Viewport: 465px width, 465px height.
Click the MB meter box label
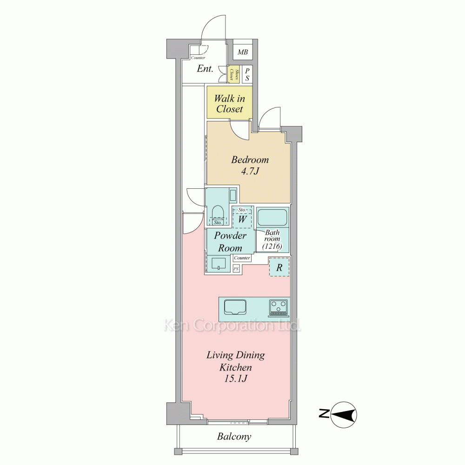[243, 52]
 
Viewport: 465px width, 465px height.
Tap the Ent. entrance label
[205, 69]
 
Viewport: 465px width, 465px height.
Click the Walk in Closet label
[230, 104]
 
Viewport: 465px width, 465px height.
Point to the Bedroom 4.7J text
[250, 166]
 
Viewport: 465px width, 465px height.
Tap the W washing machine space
[242, 219]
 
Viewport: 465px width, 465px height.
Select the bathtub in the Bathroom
[272, 217]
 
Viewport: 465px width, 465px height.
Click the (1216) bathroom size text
[272, 246]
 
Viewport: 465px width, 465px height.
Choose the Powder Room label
[230, 242]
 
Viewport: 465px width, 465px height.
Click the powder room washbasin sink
[219, 263]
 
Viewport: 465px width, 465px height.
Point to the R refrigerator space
[279, 267]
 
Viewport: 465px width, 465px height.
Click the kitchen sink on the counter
[235, 307]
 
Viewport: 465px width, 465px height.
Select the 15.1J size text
[236, 379]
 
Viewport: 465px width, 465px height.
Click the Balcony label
[234, 437]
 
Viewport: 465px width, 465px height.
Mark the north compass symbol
[344, 415]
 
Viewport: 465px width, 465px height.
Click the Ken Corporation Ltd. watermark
[232, 325]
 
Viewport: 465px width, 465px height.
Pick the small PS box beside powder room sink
[236, 269]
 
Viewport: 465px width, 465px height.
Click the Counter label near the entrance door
[198, 58]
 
